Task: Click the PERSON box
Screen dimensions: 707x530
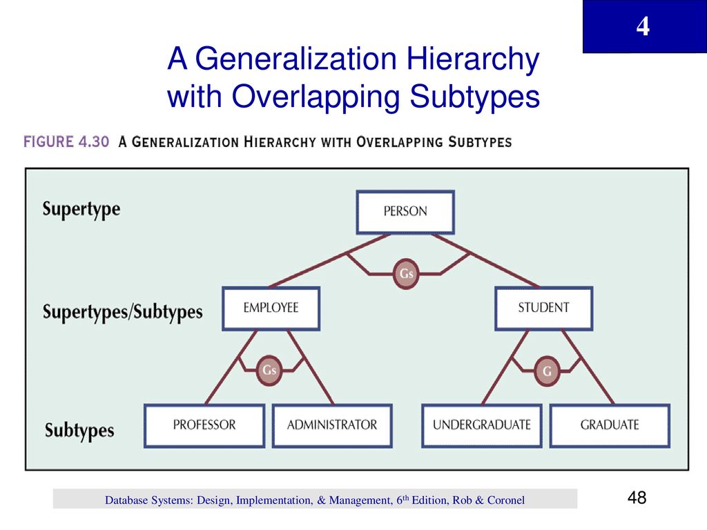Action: [405, 212]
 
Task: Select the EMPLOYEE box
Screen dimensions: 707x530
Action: [271, 308]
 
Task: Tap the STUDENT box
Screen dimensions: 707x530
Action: [544, 308]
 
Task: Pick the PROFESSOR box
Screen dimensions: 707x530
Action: [204, 425]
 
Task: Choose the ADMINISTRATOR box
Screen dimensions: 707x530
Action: [332, 425]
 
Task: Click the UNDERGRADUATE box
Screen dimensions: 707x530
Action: [481, 425]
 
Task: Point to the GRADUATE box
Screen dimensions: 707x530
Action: [610, 425]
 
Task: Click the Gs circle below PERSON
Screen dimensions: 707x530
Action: [406, 273]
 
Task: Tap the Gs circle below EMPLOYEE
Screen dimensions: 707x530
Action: [269, 371]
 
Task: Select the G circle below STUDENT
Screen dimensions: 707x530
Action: [547, 371]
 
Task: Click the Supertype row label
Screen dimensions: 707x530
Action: [81, 210]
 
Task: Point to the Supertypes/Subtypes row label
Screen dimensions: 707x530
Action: [123, 311]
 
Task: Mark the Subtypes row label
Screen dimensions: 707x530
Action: [79, 430]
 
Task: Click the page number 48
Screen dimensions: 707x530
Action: [637, 498]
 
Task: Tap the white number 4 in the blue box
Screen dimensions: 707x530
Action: [643, 27]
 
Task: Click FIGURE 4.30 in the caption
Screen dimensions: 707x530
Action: [66, 142]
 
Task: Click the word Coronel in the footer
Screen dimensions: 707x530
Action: [506, 500]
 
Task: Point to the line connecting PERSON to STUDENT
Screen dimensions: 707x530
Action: [486, 261]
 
